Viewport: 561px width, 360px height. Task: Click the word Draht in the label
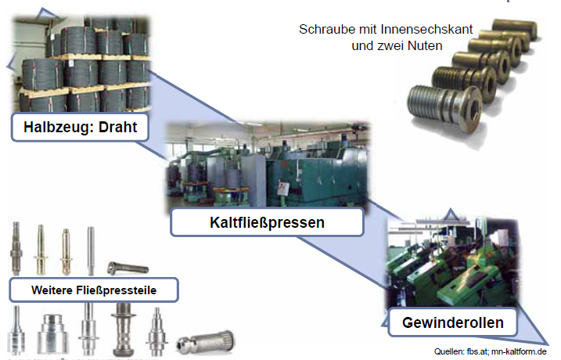[117, 127]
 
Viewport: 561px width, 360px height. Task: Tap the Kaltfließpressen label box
[268, 222]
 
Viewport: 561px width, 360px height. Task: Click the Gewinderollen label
[452, 322]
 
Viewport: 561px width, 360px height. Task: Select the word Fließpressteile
[116, 290]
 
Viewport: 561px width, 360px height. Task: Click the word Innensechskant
[426, 29]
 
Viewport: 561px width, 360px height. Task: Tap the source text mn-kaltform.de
[519, 351]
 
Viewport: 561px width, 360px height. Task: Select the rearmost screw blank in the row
[515, 29]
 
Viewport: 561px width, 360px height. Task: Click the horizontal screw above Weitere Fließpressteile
[128, 268]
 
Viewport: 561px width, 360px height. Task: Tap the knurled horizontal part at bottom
[205, 342]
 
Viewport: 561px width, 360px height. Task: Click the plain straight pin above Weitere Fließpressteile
[91, 251]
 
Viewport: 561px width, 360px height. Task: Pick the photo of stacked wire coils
[81, 64]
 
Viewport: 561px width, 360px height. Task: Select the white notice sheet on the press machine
[283, 189]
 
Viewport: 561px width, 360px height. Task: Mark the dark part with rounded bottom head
[124, 329]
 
